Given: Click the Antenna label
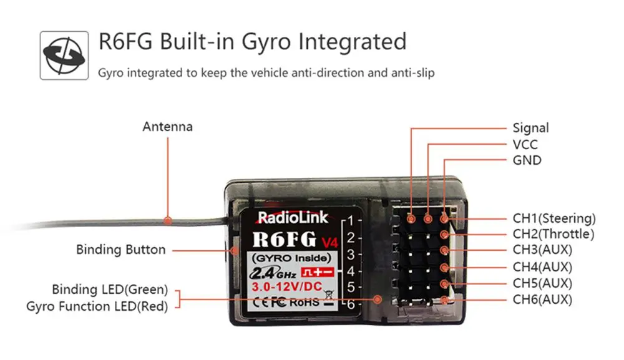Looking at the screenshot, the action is click(x=167, y=127).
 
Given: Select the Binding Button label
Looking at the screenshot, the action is click(x=121, y=250).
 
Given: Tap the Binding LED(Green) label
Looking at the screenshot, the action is click(x=110, y=289).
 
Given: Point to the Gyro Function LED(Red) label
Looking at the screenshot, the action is click(x=97, y=306).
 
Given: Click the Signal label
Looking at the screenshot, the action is click(x=530, y=128).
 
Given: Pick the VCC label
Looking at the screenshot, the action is click(x=525, y=145).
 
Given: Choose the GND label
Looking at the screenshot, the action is click(x=527, y=160).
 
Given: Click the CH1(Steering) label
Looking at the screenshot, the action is click(x=554, y=218).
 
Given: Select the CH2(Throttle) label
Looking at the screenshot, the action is click(x=553, y=235).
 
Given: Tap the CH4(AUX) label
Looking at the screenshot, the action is click(x=542, y=267).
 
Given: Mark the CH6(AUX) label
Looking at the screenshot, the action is click(x=542, y=299).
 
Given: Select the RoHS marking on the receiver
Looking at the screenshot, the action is click(x=305, y=302).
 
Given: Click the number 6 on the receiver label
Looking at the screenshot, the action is click(x=351, y=304).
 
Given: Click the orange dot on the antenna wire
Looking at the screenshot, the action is click(x=167, y=220).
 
